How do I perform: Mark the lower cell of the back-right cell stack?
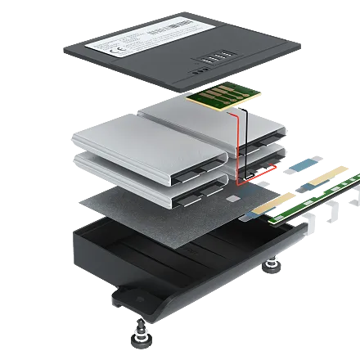pos(262,155)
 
